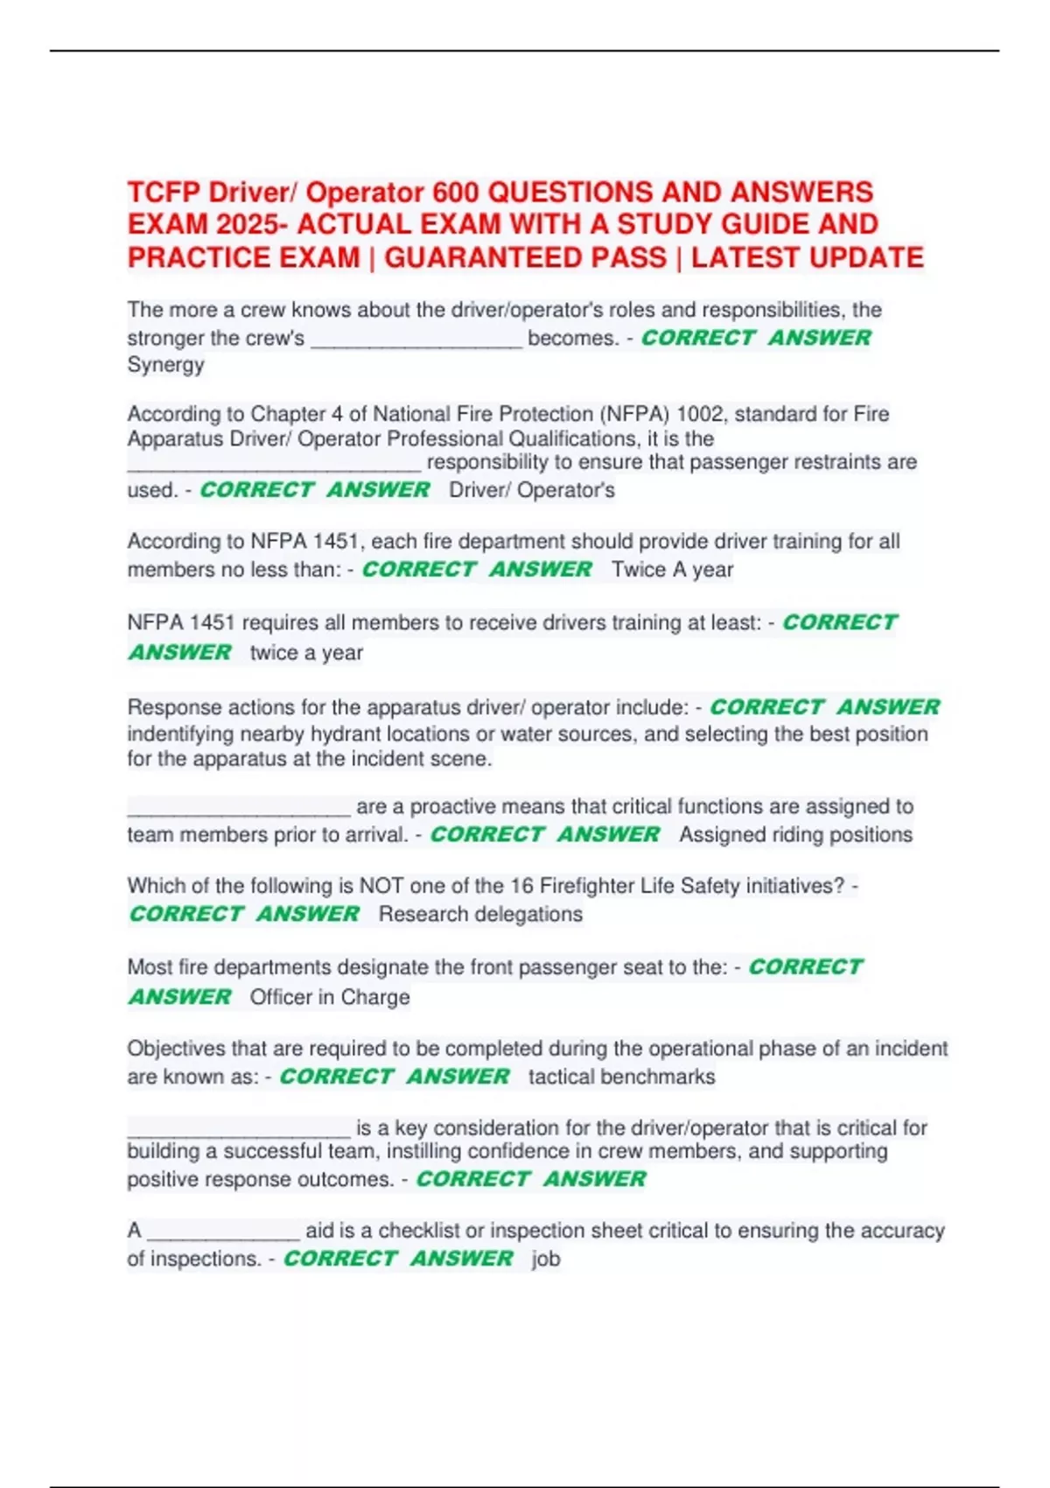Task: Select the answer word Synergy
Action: tap(165, 365)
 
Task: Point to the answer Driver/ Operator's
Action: tap(532, 490)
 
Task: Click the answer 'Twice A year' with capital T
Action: tap(672, 570)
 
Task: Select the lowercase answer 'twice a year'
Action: tap(306, 653)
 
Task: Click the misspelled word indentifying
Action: tap(180, 733)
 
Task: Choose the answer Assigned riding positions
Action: tap(795, 835)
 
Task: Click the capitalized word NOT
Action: tap(382, 886)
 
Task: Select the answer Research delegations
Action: tap(480, 915)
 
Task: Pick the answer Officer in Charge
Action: tap(330, 998)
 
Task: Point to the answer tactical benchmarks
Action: tap(621, 1077)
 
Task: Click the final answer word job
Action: tap(546, 1260)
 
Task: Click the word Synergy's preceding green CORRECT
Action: tap(697, 338)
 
